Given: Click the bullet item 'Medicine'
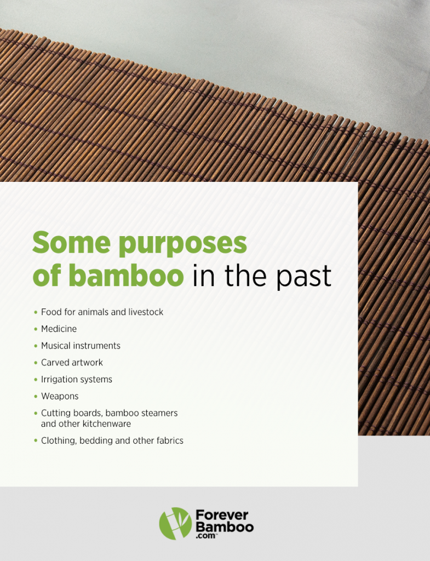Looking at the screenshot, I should coord(59,329).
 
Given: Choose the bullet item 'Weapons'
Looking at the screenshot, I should coord(60,396).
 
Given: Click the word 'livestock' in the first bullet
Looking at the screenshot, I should coord(145,312).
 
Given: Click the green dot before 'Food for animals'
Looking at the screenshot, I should coord(36,312).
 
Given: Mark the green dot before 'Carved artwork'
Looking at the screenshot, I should coord(36,363).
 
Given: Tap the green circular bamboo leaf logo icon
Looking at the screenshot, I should coord(175,523).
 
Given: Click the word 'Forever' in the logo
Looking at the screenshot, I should coord(222,516).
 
